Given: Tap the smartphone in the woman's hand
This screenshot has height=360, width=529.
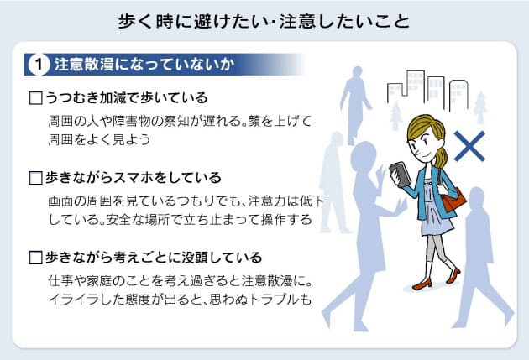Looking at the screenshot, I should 401,175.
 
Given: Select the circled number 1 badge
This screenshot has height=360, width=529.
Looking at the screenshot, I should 37,65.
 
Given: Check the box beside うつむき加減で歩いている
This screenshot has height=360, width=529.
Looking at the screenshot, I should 35,98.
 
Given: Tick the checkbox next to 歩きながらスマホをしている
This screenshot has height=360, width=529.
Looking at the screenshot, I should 35,178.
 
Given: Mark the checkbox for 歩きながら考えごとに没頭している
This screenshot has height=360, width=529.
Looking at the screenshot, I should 35,258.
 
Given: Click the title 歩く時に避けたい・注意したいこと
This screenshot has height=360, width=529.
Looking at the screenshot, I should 264,20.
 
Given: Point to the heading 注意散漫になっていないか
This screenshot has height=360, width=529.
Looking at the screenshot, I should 143,65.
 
